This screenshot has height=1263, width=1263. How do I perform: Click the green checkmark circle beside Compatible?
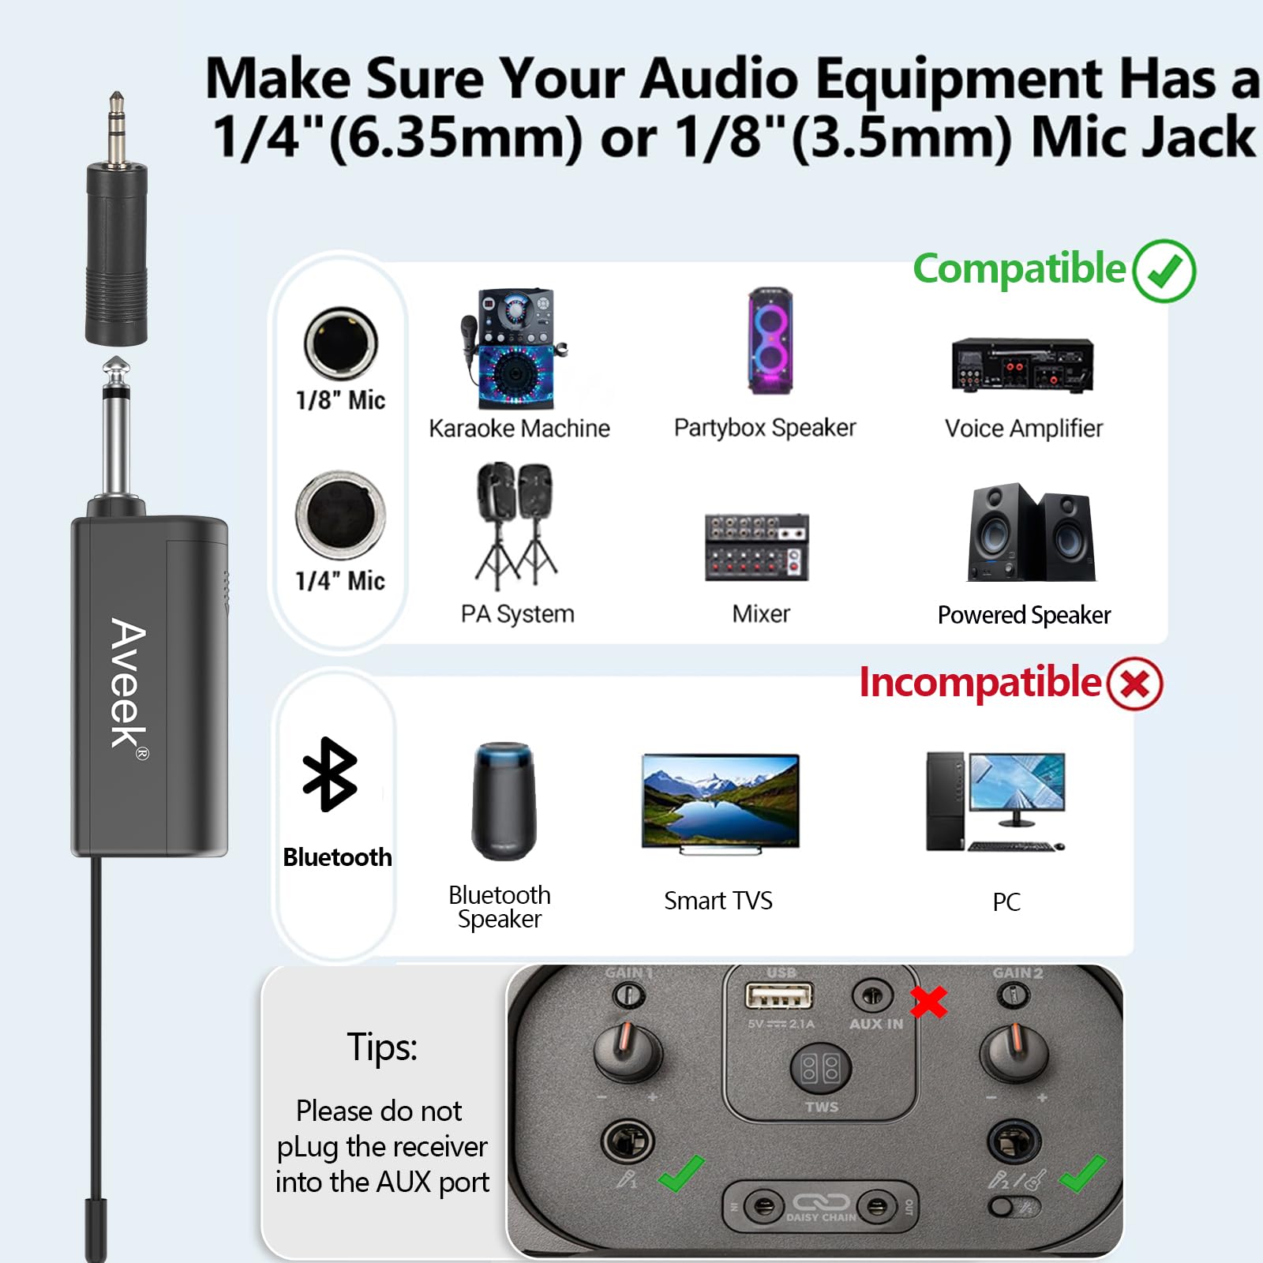tap(1164, 271)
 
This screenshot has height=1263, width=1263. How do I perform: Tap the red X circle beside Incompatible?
tap(1134, 683)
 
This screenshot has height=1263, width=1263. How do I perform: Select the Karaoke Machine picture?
tap(514, 347)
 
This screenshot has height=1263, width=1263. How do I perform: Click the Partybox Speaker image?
tap(770, 341)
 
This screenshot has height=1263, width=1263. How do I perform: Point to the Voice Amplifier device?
tap(1022, 365)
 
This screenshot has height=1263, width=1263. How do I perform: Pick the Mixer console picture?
tap(757, 547)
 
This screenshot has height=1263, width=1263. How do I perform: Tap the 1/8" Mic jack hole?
tap(341, 343)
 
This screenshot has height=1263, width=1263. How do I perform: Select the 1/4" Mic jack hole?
tap(340, 515)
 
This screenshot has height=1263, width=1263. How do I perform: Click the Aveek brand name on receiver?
tap(128, 683)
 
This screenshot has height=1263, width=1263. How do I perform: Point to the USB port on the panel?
tap(778, 996)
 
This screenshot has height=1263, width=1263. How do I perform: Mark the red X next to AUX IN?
tap(928, 1003)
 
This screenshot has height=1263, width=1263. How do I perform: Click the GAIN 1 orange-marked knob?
tap(628, 1051)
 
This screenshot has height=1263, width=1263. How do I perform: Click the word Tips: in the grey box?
tap(382, 1048)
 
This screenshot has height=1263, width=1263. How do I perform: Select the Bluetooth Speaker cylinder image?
tap(504, 800)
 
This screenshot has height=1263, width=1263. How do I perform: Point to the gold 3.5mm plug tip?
tap(116, 126)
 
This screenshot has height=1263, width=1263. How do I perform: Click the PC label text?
tap(1006, 901)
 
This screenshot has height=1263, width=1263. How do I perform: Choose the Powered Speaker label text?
tap(1024, 615)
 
